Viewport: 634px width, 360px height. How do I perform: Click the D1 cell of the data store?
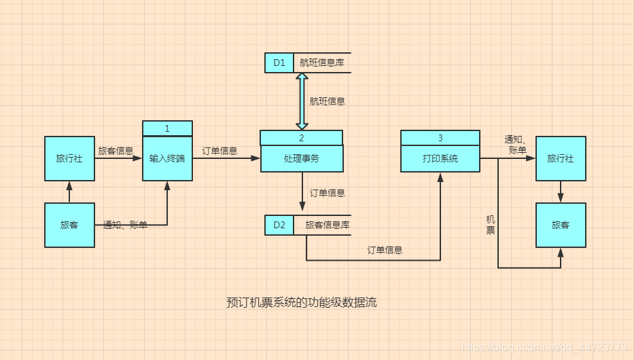point(279,62)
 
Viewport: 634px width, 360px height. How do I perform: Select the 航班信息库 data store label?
point(322,62)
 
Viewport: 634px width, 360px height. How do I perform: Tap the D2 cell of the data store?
point(279,225)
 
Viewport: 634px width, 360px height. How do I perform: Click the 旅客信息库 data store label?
point(328,225)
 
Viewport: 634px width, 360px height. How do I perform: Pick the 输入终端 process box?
point(167,158)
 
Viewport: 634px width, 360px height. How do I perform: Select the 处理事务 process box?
point(302,158)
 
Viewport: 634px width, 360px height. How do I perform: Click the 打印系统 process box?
point(440,158)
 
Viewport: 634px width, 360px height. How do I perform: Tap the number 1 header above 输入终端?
point(167,128)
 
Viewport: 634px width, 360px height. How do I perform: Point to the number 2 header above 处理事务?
point(302,138)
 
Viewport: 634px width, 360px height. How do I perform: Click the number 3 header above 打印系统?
point(440,138)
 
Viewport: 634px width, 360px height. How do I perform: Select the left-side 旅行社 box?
point(69,158)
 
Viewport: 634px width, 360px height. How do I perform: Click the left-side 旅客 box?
point(69,225)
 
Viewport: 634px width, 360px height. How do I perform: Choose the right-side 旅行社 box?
point(561,158)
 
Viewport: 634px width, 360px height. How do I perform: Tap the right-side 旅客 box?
point(561,225)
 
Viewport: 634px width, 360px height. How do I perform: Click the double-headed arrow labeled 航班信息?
point(302,101)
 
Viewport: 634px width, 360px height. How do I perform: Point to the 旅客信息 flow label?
point(116,151)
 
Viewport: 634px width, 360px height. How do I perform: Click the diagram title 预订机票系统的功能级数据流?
point(302,302)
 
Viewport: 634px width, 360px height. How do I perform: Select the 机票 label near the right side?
point(490,225)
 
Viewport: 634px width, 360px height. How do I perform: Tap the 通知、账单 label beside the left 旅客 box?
point(125,225)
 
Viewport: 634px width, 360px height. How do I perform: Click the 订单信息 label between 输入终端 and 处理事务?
point(219,151)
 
